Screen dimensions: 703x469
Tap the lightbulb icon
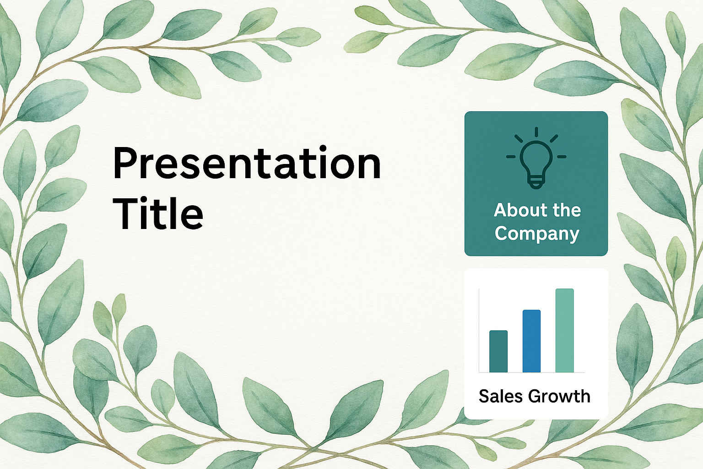[x=536, y=158]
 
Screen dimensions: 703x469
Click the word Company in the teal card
[x=537, y=234]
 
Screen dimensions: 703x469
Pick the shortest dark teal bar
[x=498, y=351]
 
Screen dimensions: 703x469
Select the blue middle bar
[x=531, y=341]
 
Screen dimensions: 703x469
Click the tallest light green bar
[x=565, y=331]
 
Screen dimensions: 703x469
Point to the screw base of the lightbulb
[x=536, y=183]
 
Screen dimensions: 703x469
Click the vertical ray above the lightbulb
[x=536, y=132]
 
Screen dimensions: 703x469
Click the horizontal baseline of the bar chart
[x=532, y=372]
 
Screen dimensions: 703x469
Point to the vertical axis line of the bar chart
[x=479, y=331]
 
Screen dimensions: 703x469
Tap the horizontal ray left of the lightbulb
[x=511, y=157]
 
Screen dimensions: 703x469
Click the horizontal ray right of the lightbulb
[x=562, y=157]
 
